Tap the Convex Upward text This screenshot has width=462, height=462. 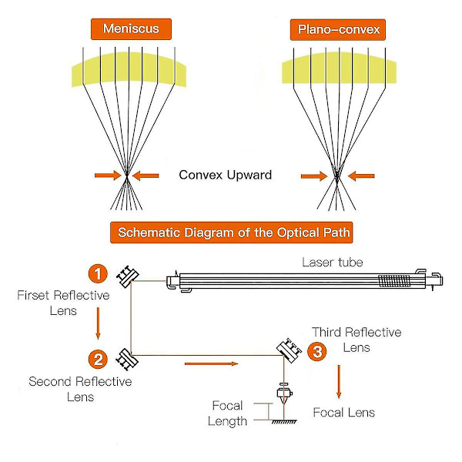tap(225, 175)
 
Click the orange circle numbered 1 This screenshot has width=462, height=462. tap(97, 273)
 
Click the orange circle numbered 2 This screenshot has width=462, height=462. tap(97, 359)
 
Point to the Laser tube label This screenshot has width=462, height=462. tap(332, 263)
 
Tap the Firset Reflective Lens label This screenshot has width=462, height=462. tap(48, 303)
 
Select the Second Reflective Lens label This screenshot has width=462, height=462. tap(80, 389)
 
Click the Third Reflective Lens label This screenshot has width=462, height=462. tap(356, 340)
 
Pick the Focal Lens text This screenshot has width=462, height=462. tap(343, 413)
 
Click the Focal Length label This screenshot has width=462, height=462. tap(228, 413)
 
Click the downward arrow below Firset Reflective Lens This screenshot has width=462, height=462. tap(98, 323)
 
